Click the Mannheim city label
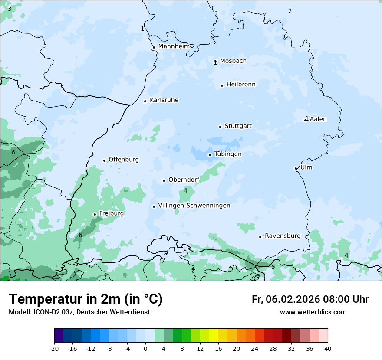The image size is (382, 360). pos(174,46)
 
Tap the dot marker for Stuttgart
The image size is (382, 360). pos(220,127)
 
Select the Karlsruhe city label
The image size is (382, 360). pos(164,100)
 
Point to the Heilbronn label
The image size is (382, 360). pos(241,85)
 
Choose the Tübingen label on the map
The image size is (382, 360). pos(228,154)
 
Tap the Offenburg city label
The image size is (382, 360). pos(124,160)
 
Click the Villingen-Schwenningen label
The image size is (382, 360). pos(194,206)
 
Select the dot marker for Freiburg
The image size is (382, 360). pos(95,214)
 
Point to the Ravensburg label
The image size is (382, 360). pos(283,236)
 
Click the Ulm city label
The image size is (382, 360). pos(306,167)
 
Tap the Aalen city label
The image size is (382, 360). pos(318,119)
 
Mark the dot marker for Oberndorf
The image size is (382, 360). pos(164,180)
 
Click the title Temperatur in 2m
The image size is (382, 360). pos(86,299)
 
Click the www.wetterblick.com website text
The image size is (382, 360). pos(313,312)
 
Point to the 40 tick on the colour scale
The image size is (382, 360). pos(328,348)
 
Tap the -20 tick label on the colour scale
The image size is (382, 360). pos(54,348)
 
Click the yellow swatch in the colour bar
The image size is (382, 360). pos(214,336)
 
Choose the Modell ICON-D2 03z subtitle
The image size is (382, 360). pos(79,312)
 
